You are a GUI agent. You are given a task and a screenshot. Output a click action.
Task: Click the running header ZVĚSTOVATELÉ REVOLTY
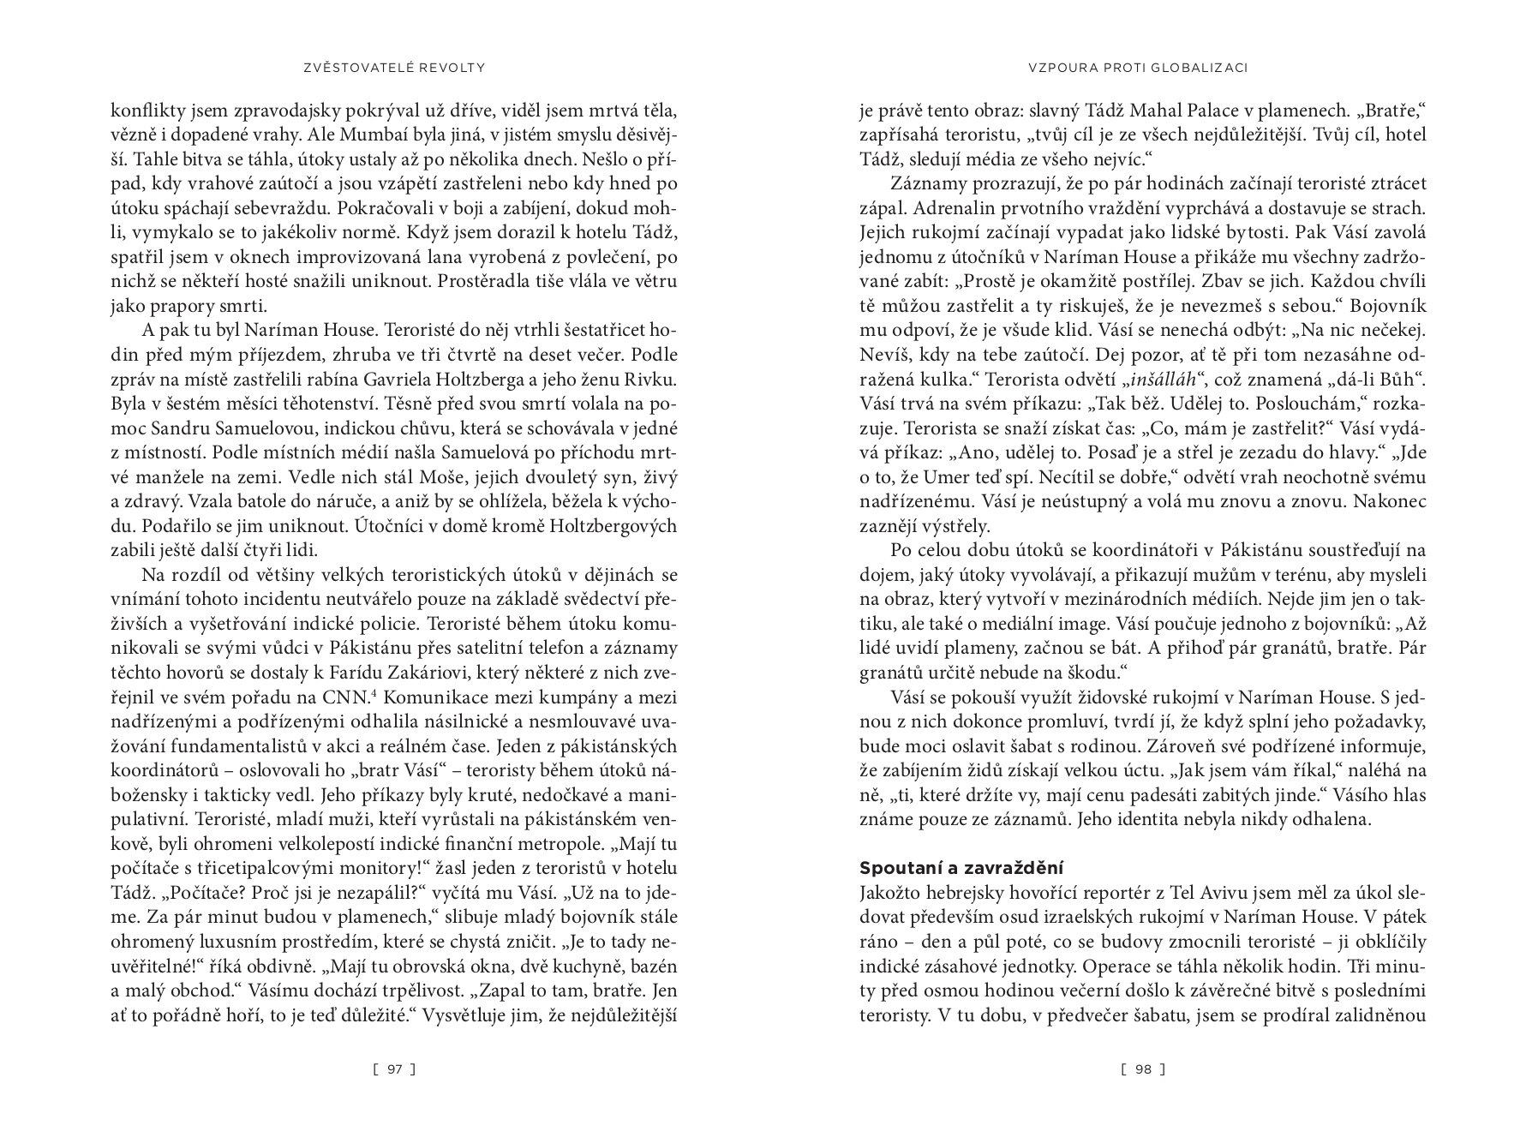pyautogui.click(x=394, y=67)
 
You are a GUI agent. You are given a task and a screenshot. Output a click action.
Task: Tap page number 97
pyautogui.click(x=394, y=1068)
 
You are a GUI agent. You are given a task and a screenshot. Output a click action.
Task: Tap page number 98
pyautogui.click(x=1143, y=1068)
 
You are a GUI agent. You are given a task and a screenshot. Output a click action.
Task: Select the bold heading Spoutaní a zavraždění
pyautogui.click(x=961, y=868)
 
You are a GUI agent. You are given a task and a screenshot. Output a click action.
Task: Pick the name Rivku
pyautogui.click(x=652, y=379)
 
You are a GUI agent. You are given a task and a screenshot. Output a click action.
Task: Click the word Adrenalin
pyautogui.click(x=904, y=208)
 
